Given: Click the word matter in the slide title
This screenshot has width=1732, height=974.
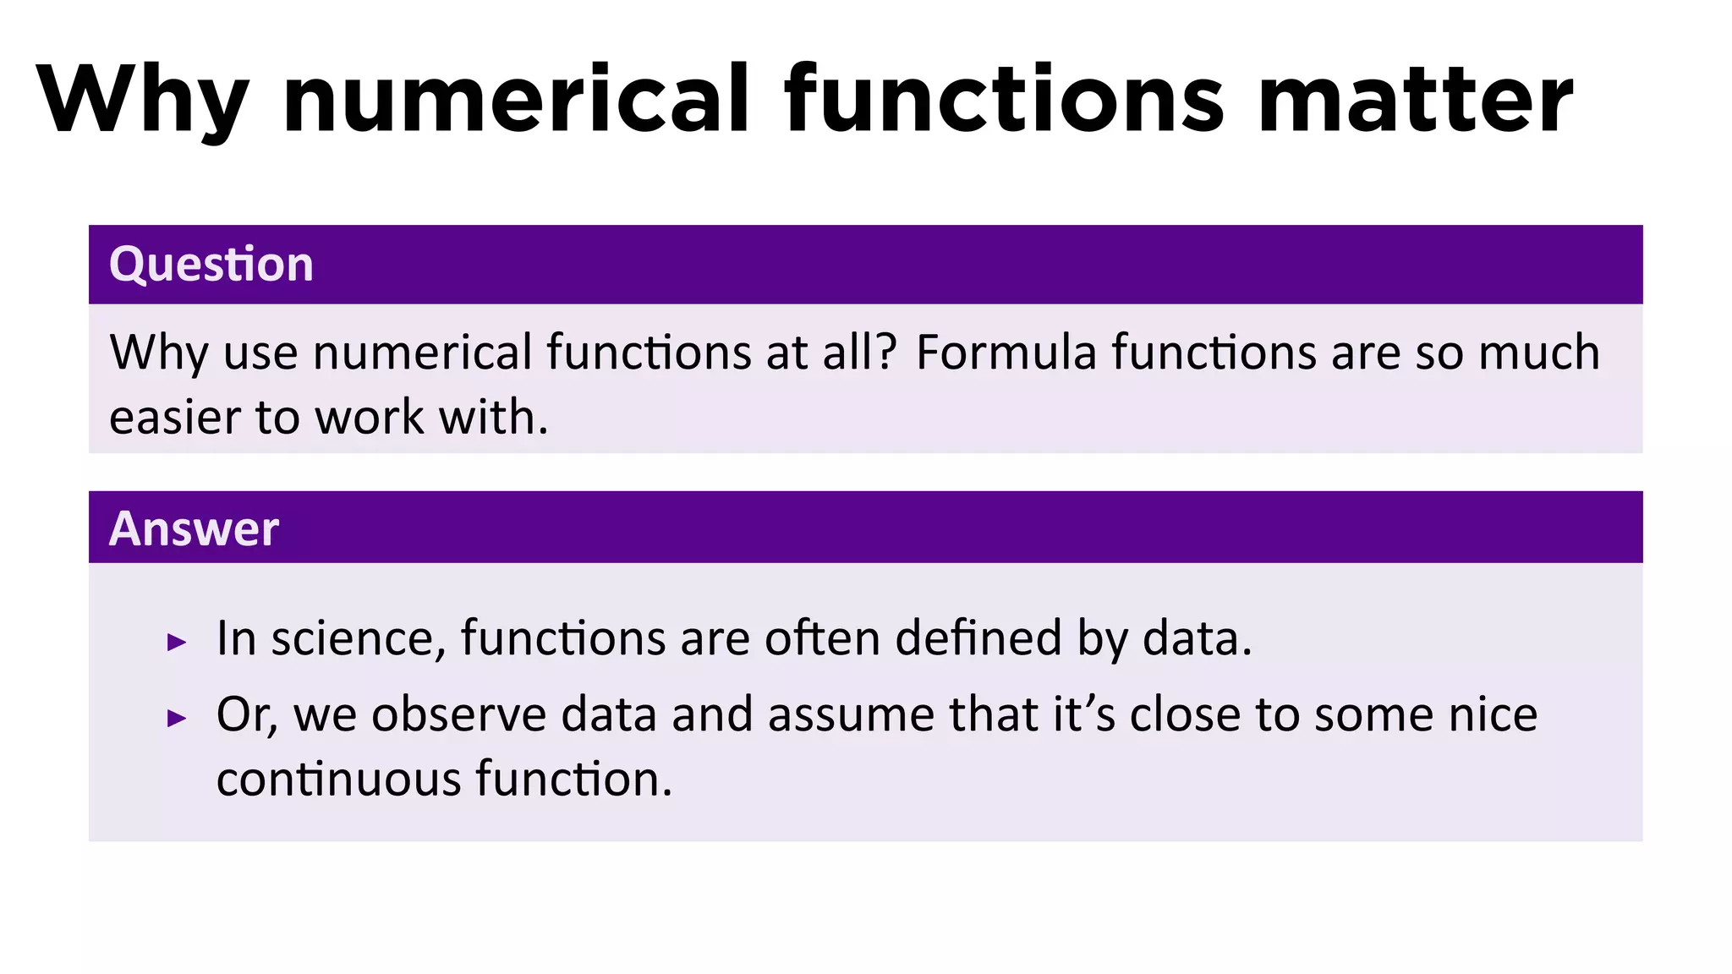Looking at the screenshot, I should coord(1415,100).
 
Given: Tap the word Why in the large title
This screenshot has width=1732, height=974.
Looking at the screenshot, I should coord(142,100).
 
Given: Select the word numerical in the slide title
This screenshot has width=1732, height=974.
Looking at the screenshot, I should coord(516,100).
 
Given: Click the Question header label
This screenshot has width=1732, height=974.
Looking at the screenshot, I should coord(211,265).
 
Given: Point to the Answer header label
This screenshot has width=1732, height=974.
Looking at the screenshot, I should coord(194,529).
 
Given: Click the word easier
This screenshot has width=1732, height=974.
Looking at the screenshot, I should coord(175,418).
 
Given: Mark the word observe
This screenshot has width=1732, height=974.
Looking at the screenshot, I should coord(459,714).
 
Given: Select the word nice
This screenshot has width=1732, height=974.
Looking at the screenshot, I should coord(1493,714).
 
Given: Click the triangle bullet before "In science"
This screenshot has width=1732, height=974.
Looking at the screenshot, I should coord(177,643).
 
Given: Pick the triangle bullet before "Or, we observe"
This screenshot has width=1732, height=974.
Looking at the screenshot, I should coord(177,719).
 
